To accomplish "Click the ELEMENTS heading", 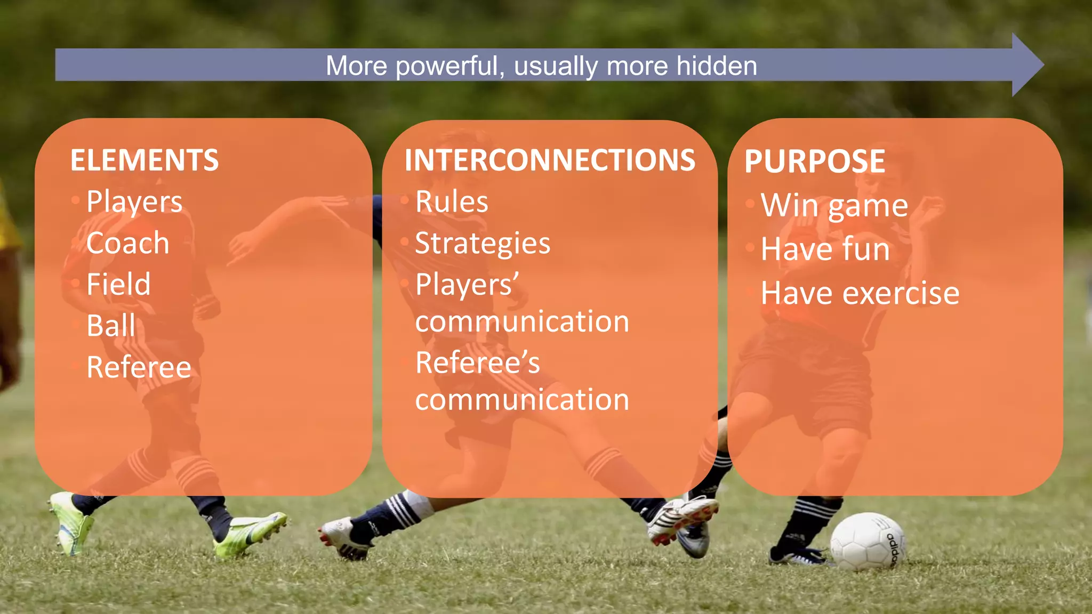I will pyautogui.click(x=144, y=160).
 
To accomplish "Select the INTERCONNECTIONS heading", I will pyautogui.click(x=550, y=160).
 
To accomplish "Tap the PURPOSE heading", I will pyautogui.click(x=815, y=161).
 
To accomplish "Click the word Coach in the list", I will pyautogui.click(x=128, y=243).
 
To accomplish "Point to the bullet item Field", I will pyautogui.click(x=118, y=284).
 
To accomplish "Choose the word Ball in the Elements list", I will pyautogui.click(x=111, y=326).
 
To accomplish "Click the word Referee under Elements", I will pyautogui.click(x=139, y=367).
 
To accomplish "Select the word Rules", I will pyautogui.click(x=452, y=202).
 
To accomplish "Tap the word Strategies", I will pyautogui.click(x=483, y=244).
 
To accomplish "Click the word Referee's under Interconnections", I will pyautogui.click(x=477, y=363).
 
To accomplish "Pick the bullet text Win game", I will pyautogui.click(x=834, y=206).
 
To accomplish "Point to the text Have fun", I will pyautogui.click(x=825, y=249).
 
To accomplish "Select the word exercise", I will pyautogui.click(x=902, y=293).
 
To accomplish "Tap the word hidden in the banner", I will pyautogui.click(x=717, y=66).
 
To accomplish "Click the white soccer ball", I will pyautogui.click(x=867, y=541).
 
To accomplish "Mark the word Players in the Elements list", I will pyautogui.click(x=134, y=202).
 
